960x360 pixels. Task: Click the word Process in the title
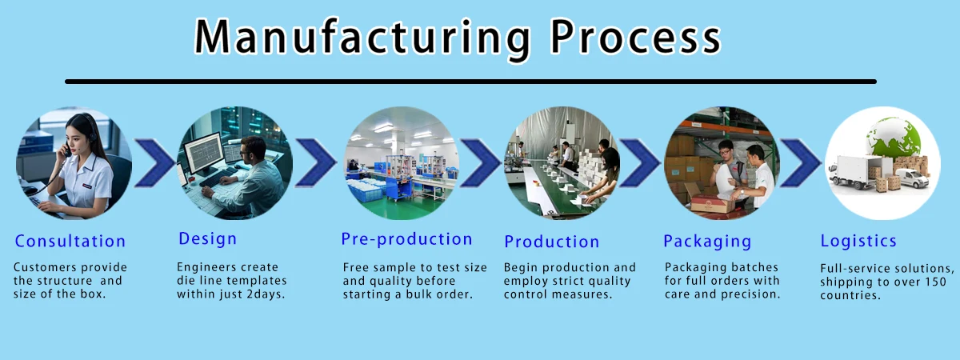point(637,37)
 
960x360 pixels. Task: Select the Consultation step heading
point(70,242)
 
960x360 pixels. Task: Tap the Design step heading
point(208,239)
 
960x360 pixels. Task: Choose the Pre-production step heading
point(406,239)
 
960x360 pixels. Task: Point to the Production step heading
point(552,242)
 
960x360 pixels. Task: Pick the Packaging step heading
point(707,242)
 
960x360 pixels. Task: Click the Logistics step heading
point(858,241)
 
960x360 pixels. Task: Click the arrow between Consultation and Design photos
point(154,162)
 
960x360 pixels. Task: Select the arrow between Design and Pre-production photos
point(315,162)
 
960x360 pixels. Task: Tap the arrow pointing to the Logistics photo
point(800,162)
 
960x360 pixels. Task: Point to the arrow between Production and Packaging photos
point(638,162)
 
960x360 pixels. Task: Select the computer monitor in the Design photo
point(203,152)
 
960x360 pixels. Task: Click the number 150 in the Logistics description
point(934,282)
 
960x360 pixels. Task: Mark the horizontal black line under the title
point(470,82)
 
